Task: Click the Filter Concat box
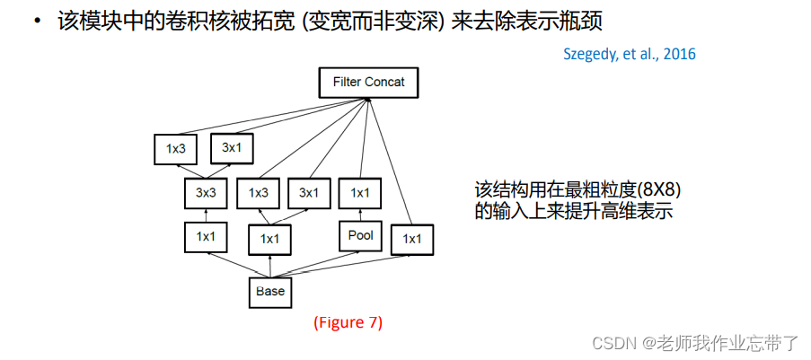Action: click(x=368, y=83)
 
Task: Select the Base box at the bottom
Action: click(x=269, y=291)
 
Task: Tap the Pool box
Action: click(x=360, y=236)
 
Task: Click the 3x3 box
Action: click(x=206, y=192)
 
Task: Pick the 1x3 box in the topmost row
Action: click(x=175, y=149)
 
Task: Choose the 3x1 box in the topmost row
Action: click(x=232, y=147)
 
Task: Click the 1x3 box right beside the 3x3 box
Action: click(x=259, y=192)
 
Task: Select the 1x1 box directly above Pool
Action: click(x=360, y=192)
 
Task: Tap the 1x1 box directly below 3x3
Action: click(x=206, y=237)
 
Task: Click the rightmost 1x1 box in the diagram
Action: click(x=412, y=239)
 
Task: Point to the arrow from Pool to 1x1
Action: click(x=360, y=215)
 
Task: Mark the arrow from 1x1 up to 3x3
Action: click(x=206, y=215)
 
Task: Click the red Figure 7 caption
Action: click(x=348, y=322)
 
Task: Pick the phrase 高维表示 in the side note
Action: click(x=639, y=213)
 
